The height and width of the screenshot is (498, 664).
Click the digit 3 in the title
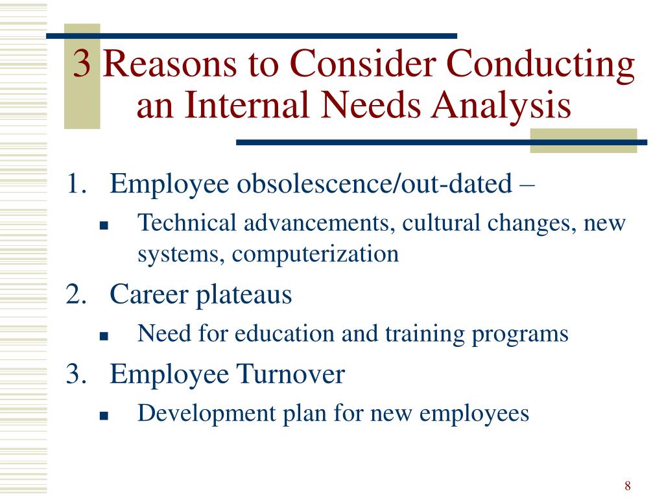click(82, 64)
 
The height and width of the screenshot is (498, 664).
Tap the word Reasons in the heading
click(169, 64)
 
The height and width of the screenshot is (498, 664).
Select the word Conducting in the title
click(541, 65)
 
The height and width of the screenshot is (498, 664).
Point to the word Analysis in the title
click(501, 106)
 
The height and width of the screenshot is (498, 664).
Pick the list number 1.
click(77, 184)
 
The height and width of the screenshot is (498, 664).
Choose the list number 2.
click(77, 294)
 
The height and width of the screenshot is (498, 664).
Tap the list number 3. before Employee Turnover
click(77, 374)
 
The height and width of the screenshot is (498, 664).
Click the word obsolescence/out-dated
click(374, 184)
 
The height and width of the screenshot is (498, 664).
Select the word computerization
click(316, 255)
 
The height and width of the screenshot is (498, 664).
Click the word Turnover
click(290, 374)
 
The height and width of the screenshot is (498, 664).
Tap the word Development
click(207, 414)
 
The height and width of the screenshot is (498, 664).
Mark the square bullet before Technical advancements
click(104, 226)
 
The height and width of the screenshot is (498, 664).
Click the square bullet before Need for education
click(104, 337)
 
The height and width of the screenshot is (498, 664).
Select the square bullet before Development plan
click(104, 416)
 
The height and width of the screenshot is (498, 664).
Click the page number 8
click(628, 485)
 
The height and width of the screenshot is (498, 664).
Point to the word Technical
click(187, 223)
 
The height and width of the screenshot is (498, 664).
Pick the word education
click(285, 333)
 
